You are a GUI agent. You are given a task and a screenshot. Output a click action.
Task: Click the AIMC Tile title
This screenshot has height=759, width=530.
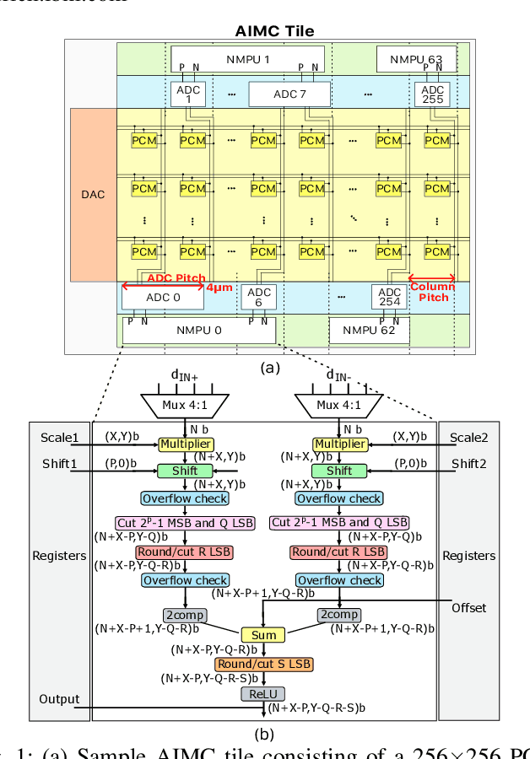[x=274, y=31]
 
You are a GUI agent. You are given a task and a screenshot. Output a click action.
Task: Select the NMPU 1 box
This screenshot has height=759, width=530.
[x=247, y=60]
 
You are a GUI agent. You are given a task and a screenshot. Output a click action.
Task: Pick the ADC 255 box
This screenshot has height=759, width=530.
[x=432, y=94]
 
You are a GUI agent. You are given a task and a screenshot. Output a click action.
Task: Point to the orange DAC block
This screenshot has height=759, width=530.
[x=93, y=194]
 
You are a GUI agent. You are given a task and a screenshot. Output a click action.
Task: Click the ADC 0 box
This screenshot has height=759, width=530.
[x=162, y=296]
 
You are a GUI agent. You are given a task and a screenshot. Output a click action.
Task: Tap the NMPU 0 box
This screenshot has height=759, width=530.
[x=198, y=330]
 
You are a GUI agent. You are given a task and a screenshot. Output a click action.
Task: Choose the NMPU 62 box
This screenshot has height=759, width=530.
[x=370, y=331]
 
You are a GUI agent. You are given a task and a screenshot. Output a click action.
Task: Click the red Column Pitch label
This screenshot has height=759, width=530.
[x=432, y=292]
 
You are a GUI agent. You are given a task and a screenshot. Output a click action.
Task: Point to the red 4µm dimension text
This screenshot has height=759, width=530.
[x=219, y=287]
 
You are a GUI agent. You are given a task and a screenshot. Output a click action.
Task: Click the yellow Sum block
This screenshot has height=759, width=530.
[x=263, y=634]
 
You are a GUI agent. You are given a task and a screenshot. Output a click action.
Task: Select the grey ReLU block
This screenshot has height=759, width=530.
[x=264, y=694]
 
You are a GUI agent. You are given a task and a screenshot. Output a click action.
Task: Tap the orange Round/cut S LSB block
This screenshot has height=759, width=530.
[x=264, y=665]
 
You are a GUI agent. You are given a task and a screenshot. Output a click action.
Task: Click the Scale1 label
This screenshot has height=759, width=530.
[x=60, y=438]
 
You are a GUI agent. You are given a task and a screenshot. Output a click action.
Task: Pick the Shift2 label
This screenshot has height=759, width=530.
[x=469, y=464]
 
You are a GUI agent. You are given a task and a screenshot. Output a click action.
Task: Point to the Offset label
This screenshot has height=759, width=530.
[x=468, y=607]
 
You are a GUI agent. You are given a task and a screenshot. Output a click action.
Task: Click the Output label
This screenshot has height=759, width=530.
[x=59, y=699]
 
